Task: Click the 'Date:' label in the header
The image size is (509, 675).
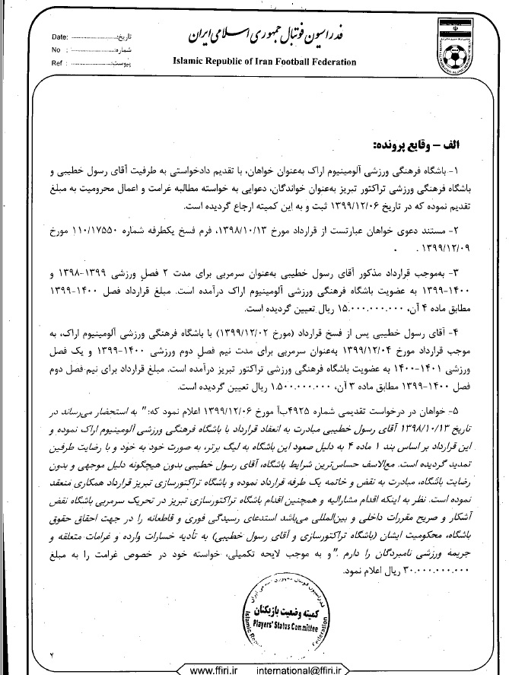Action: click(60, 37)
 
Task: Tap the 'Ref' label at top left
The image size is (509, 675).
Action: click(57, 64)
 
